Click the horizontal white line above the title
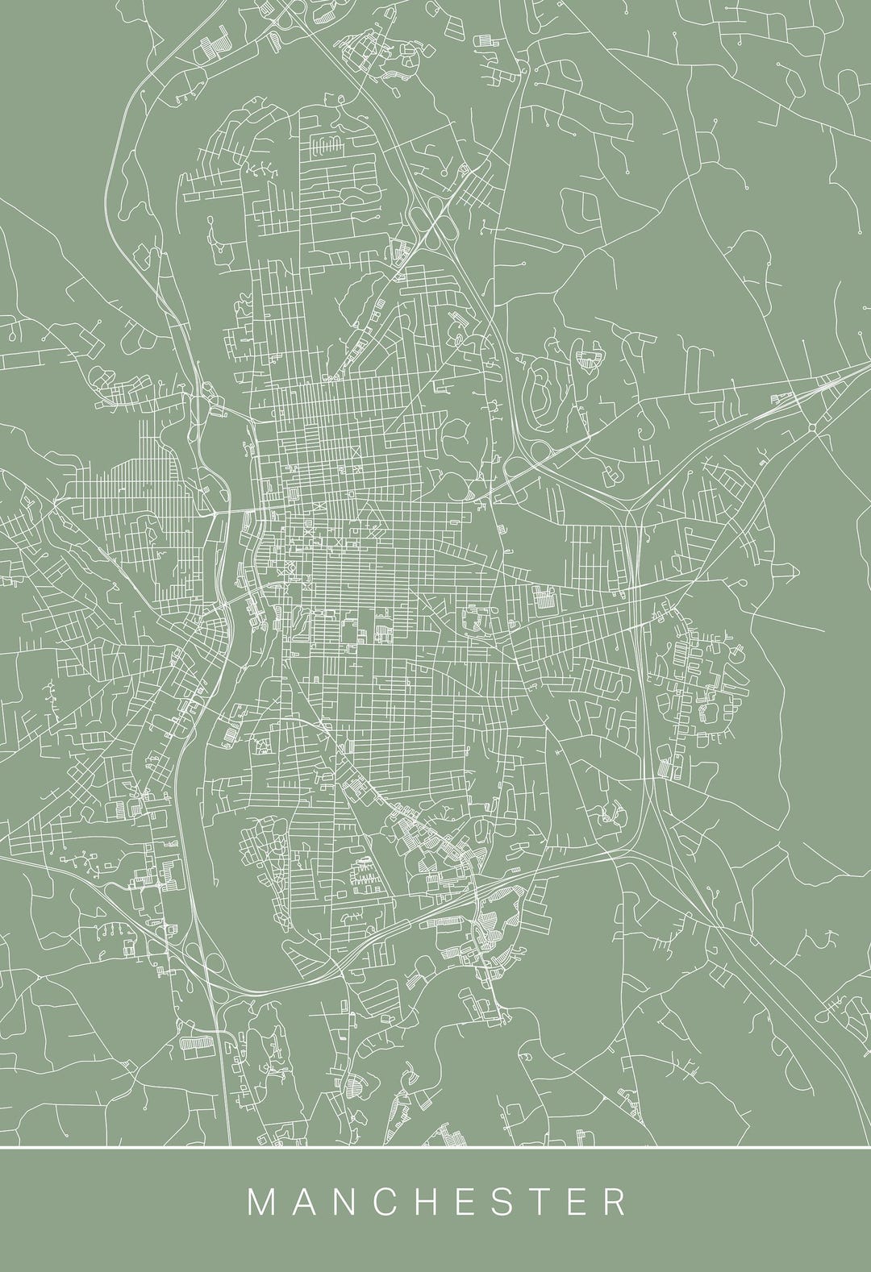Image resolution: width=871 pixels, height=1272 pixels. click(435, 1146)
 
